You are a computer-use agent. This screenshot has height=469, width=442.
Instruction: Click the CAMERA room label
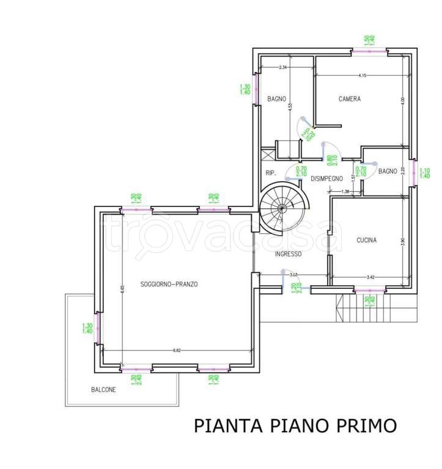pyautogui.click(x=350, y=99)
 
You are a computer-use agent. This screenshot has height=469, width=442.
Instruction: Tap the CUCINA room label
pyautogui.click(x=367, y=240)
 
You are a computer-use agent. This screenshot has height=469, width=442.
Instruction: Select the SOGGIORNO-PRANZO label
pyautogui.click(x=169, y=284)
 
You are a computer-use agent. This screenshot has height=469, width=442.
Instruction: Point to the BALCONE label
pyautogui.click(x=103, y=390)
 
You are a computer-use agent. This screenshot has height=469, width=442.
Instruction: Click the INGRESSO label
pyautogui.click(x=288, y=254)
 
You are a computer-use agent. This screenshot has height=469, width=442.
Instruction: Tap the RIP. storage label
pyautogui.click(x=271, y=173)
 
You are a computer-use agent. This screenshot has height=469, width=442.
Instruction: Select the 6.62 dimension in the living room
pyautogui.click(x=177, y=351)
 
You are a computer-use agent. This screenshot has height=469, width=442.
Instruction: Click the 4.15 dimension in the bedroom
pyautogui.click(x=363, y=76)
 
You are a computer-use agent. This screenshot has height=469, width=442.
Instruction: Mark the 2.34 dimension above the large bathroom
pyautogui.click(x=283, y=67)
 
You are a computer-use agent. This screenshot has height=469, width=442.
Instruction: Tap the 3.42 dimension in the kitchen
pyautogui.click(x=370, y=277)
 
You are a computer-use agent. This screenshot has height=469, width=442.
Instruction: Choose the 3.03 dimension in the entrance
pyautogui.click(x=293, y=275)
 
